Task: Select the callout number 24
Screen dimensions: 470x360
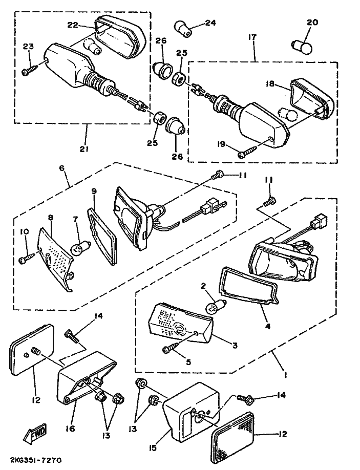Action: click(210, 23)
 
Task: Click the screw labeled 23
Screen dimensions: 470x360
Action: click(29, 70)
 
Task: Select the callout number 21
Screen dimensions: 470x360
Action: click(84, 149)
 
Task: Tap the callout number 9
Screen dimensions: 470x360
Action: click(94, 191)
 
